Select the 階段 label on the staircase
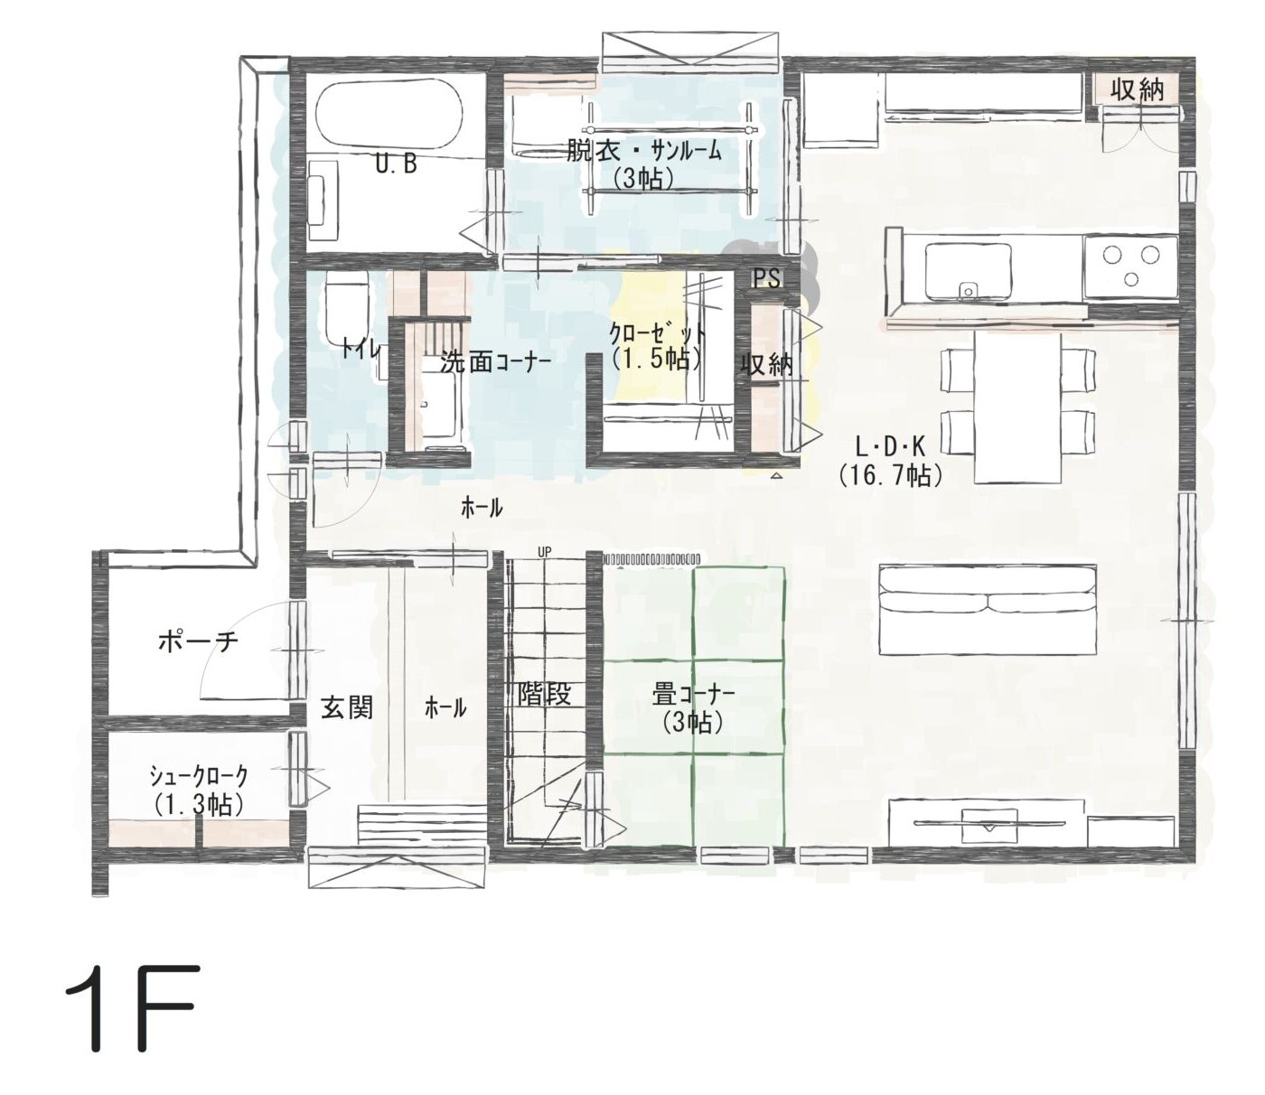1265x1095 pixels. click(x=545, y=694)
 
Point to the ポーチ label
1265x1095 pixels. click(x=198, y=642)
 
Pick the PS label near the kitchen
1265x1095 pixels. click(x=766, y=279)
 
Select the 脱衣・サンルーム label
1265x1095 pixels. click(x=644, y=151)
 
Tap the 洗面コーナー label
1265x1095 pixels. click(x=496, y=363)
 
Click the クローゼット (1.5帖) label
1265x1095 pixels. click(x=657, y=347)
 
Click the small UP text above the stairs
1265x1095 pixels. click(x=545, y=551)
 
